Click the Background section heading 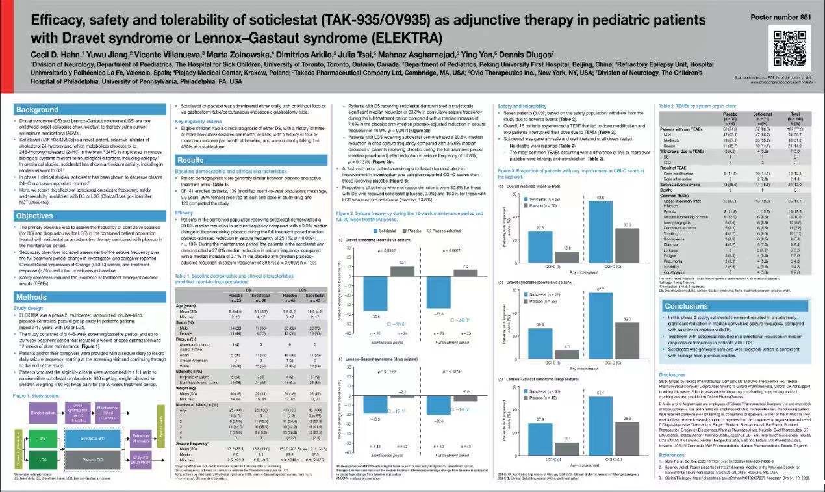[x=37, y=110]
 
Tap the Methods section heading [x=32, y=297]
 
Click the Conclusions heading [x=687, y=306]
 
